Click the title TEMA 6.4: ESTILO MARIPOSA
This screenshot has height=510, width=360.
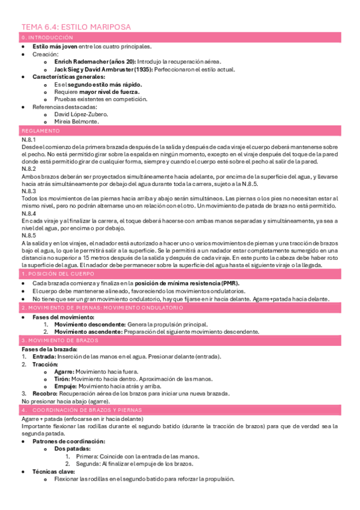76,27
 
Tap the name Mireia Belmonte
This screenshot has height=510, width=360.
76,121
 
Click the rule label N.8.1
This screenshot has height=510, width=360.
28,139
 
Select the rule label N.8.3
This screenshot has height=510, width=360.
28,191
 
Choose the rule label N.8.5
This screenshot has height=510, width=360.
28,235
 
